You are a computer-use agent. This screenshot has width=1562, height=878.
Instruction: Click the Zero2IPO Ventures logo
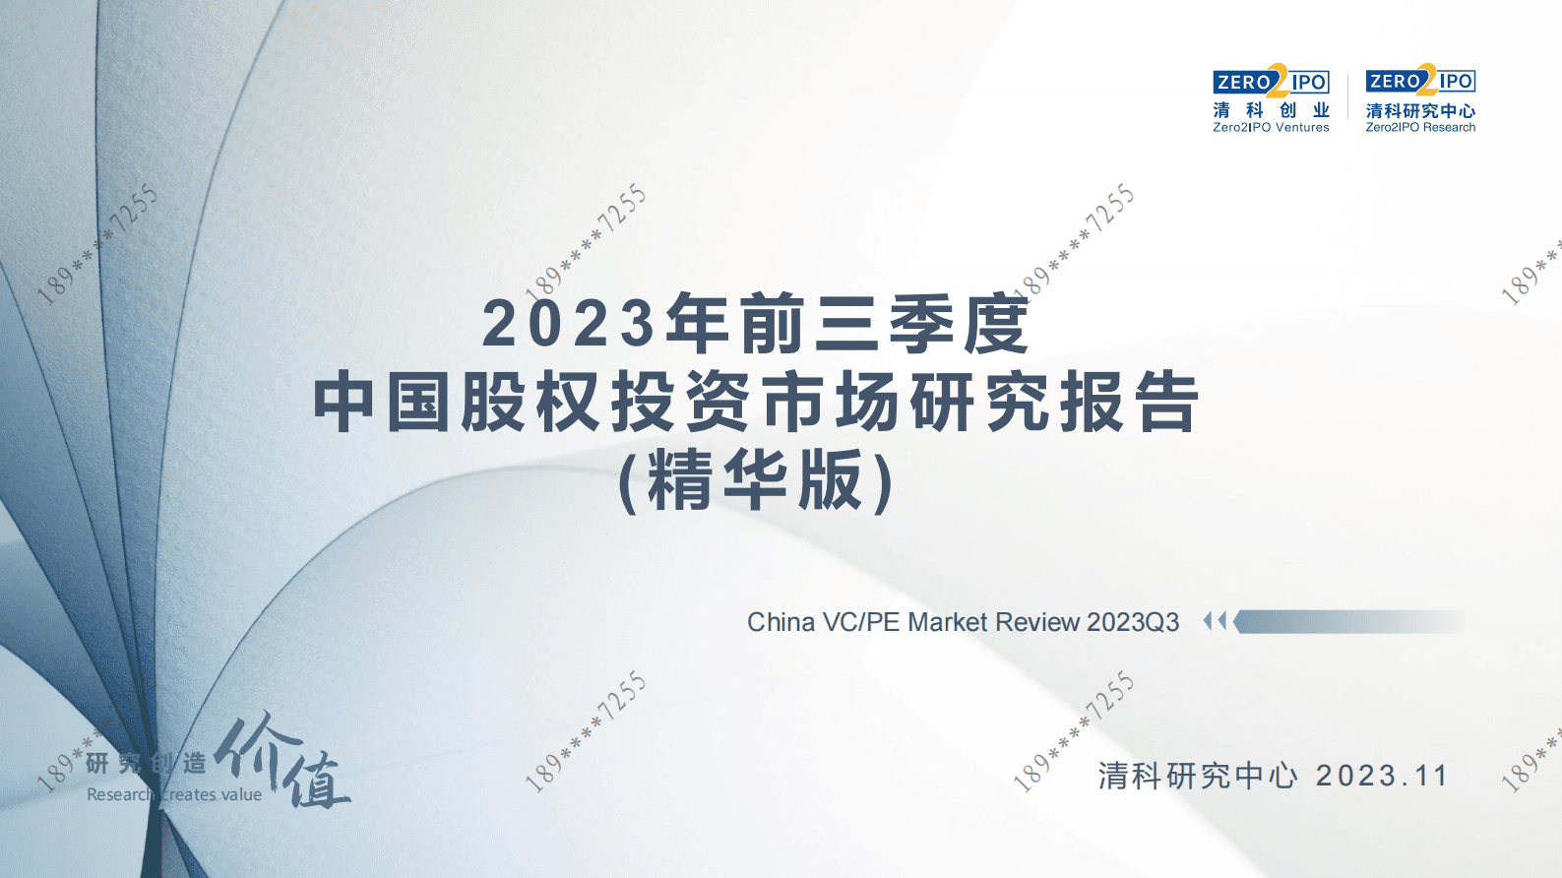[x=1271, y=97]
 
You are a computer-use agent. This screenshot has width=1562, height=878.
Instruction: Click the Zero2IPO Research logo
[x=1420, y=97]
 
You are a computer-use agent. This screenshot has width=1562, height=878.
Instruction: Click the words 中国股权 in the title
[x=458, y=404]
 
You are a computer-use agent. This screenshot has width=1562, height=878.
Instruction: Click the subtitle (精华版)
[x=756, y=481]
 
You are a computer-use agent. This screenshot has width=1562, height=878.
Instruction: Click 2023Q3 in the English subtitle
[x=1133, y=622]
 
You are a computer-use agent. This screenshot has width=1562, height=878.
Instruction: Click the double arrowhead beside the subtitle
[x=1215, y=621]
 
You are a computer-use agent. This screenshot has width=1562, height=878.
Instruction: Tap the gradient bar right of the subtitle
[x=1348, y=621]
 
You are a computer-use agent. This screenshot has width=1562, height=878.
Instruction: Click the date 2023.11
[x=1382, y=777]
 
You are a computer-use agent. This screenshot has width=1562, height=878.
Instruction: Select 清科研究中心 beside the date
[x=1198, y=777]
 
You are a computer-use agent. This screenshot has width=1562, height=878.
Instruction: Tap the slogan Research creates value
[x=174, y=794]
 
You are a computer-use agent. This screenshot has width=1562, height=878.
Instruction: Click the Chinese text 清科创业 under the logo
[x=1271, y=110]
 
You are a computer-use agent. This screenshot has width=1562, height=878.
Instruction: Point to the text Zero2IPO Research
[x=1420, y=128]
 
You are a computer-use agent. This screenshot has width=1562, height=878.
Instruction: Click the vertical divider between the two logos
[x=1347, y=96]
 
